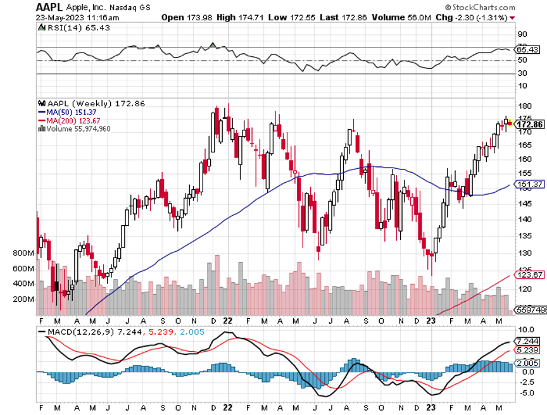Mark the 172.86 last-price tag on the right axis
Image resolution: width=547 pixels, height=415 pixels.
coord(531,125)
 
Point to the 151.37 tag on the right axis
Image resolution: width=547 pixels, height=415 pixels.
coord(530,184)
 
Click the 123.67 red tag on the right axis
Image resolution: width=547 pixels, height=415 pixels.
coord(530,275)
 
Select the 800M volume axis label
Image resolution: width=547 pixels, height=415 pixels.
coord(23,253)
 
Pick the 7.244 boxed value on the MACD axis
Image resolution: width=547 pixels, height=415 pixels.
coord(528,341)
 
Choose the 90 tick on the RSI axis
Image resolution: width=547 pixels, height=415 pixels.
coord(522,34)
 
